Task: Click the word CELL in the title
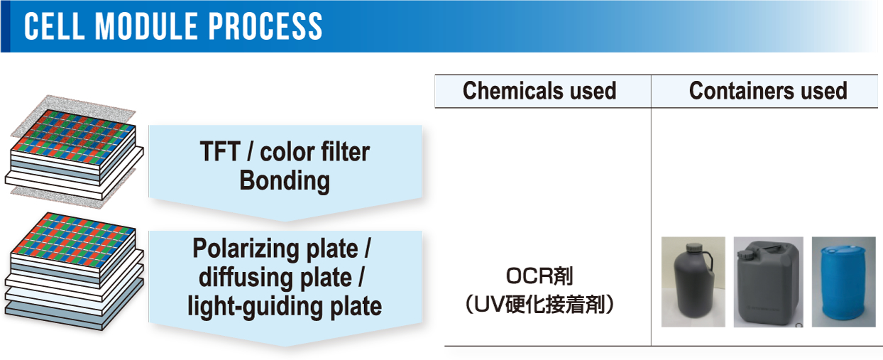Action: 55,26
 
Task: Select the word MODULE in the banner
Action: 147,26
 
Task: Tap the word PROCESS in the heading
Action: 265,26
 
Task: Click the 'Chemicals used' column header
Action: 539,91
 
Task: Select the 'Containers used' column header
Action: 768,91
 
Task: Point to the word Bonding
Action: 285,180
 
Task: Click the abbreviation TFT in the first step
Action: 220,151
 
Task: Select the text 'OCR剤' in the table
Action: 539,276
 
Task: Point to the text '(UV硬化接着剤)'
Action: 539,305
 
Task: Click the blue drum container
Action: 843,281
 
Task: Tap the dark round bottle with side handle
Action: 692,283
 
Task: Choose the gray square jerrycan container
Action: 768,284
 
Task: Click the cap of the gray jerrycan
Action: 745,254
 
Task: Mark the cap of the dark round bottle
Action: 692,248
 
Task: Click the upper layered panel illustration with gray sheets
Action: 74,151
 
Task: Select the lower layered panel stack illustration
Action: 74,271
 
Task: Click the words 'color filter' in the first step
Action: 315,151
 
